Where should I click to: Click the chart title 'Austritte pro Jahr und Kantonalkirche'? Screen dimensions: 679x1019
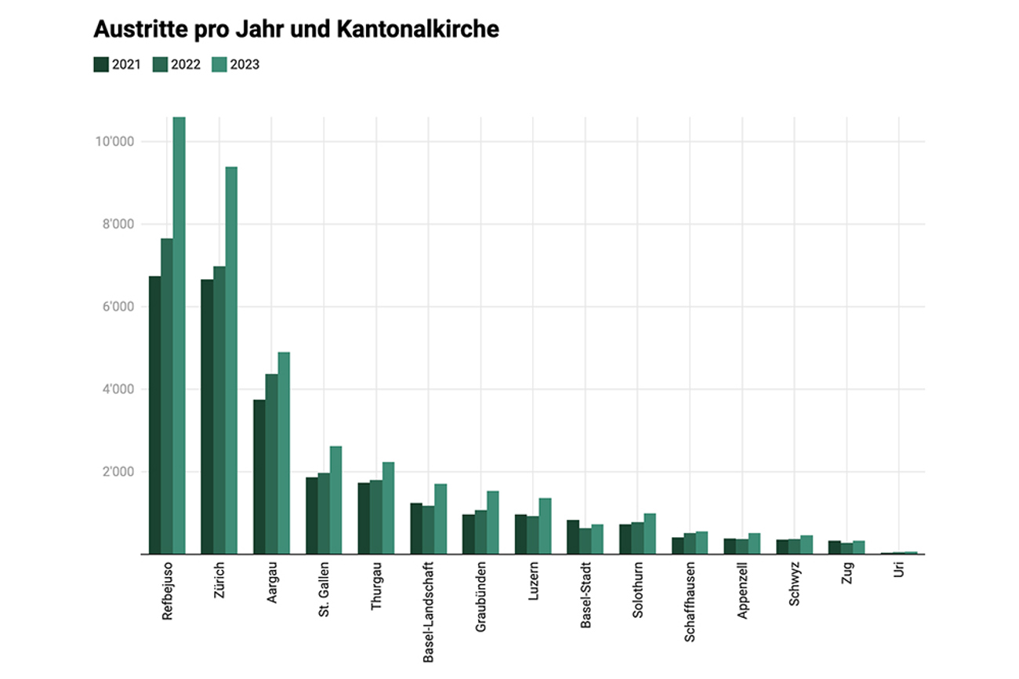tap(296, 30)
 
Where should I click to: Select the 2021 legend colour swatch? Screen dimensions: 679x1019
tap(101, 65)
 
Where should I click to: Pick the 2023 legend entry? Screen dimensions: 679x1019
tap(234, 65)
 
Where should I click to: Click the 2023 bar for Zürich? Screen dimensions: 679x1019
tap(231, 361)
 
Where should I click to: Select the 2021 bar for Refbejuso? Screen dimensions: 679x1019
tap(154, 416)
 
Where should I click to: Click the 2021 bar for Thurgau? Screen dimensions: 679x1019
tap(364, 518)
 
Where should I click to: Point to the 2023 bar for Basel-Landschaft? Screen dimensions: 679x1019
tap(441, 519)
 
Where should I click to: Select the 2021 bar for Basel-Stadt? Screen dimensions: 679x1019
tap(573, 537)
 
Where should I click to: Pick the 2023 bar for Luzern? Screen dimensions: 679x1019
tap(545, 526)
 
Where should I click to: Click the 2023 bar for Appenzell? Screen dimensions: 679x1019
tap(754, 543)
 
